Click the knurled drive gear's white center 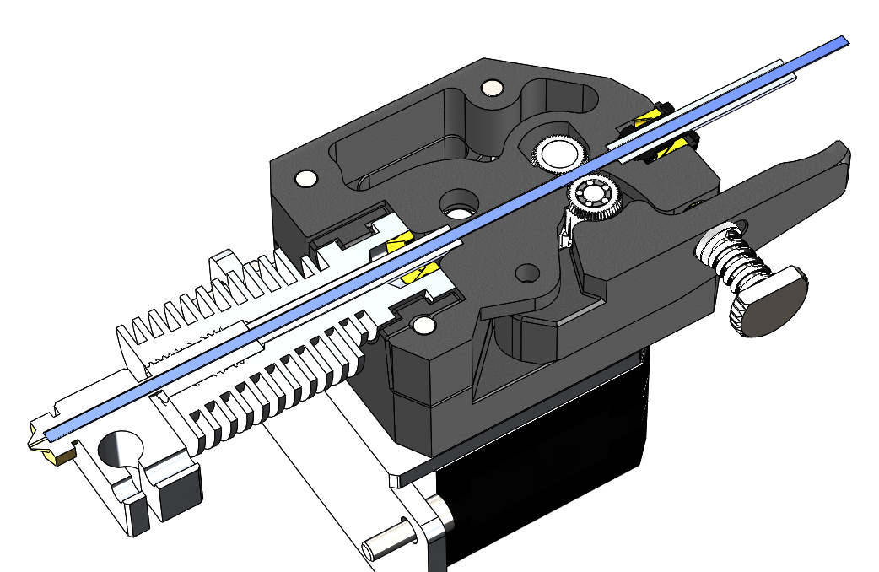point(558,154)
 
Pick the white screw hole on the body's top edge point(489,88)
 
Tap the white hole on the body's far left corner point(305,178)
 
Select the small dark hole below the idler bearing point(528,273)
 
